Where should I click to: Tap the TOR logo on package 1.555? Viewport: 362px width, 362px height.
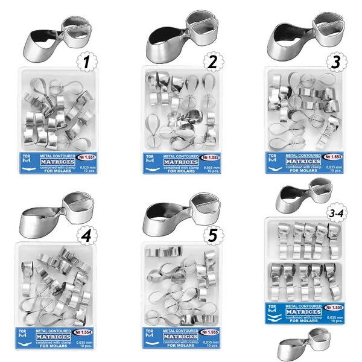(150, 335)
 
